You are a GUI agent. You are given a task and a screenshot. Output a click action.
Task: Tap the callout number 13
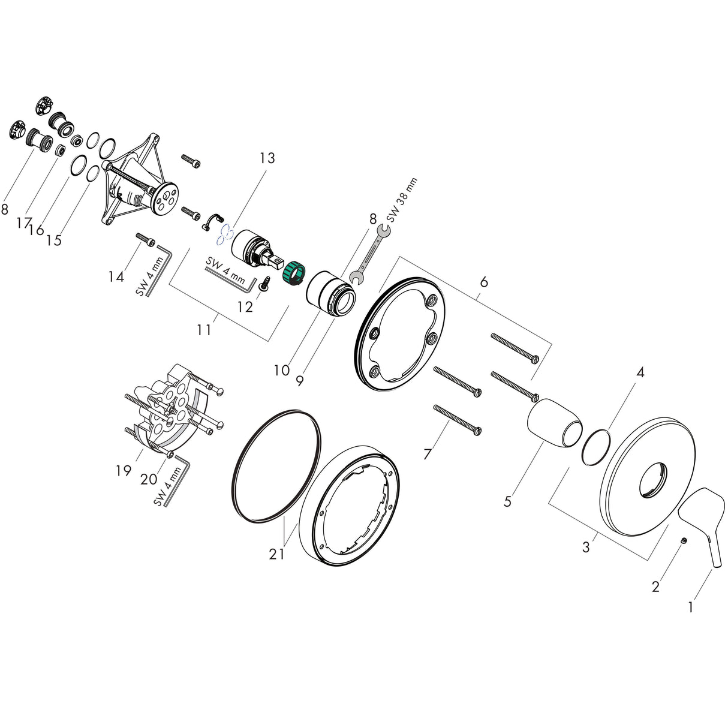click(x=267, y=158)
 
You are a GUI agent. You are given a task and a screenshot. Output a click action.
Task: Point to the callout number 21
click(x=276, y=555)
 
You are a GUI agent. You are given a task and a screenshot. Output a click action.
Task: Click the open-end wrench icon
click(x=367, y=252)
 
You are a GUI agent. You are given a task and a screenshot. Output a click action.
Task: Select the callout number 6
click(x=483, y=282)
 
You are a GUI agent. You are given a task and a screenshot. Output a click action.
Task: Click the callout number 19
click(x=124, y=471)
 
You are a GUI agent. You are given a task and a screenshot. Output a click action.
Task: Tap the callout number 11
click(x=204, y=329)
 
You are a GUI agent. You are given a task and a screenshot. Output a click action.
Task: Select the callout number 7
click(x=427, y=455)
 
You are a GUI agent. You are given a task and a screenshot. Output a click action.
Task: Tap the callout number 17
click(x=24, y=223)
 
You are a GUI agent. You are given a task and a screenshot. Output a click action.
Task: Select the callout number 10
click(x=281, y=370)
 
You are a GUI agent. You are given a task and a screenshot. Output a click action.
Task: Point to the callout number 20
click(x=148, y=479)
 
